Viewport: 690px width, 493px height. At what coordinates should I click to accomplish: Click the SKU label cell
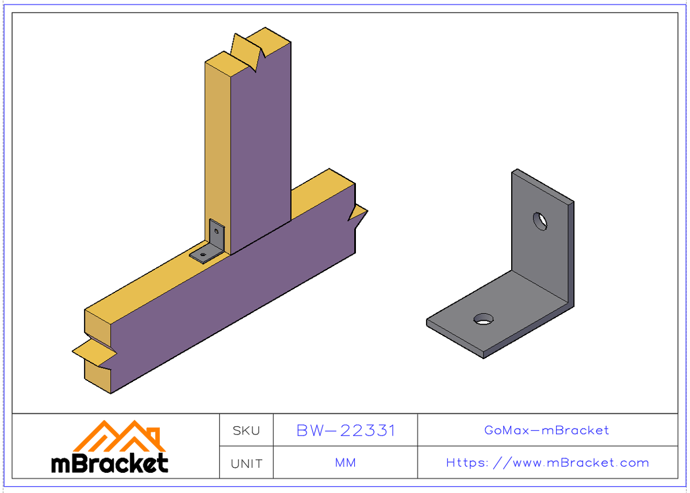[x=246, y=430]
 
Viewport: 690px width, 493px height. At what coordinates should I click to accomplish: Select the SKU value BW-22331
[x=346, y=430]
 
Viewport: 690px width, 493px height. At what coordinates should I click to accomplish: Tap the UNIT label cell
[x=246, y=463]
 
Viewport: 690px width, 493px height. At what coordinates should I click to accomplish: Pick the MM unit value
[x=346, y=463]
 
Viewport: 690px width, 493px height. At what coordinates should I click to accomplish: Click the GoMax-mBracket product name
[x=547, y=430]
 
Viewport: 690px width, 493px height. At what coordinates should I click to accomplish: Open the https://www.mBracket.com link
[x=547, y=463]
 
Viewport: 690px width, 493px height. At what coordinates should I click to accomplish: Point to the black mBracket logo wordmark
[x=110, y=463]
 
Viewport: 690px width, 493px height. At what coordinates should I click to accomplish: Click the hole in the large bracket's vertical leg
[x=540, y=221]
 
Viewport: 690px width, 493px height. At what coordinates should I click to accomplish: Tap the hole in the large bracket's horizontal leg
[x=484, y=318]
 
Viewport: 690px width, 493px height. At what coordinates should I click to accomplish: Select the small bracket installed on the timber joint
[x=210, y=244]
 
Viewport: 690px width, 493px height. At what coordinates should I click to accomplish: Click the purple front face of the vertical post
[x=260, y=144]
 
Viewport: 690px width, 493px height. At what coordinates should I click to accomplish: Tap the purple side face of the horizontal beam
[x=230, y=305]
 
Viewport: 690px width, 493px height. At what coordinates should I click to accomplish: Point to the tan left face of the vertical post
[x=217, y=144]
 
